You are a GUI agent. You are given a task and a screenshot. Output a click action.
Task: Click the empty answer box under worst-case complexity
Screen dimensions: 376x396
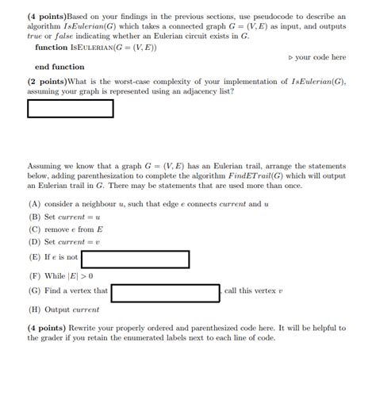click(x=71, y=108)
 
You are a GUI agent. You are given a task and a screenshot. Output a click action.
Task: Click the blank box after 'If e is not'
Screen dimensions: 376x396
click(x=135, y=259)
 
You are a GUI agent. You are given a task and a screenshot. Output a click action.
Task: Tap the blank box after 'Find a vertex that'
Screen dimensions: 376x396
click(x=165, y=293)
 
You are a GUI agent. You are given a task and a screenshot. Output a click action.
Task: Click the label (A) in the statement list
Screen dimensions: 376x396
click(x=34, y=204)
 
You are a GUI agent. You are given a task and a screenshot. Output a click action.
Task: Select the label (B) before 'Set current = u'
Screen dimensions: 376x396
click(x=34, y=217)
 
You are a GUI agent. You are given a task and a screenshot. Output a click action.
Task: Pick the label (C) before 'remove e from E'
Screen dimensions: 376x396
click(x=34, y=229)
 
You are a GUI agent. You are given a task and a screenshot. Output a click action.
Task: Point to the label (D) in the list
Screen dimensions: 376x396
click(x=34, y=242)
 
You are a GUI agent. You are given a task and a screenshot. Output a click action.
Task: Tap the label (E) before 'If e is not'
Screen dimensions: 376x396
click(x=34, y=258)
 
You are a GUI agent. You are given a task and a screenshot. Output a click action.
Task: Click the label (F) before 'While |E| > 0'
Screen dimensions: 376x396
click(x=34, y=276)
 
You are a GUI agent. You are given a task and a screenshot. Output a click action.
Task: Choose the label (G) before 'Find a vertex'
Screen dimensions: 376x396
click(x=34, y=291)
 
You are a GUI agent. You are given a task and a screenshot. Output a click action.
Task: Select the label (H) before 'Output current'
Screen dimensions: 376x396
click(x=34, y=310)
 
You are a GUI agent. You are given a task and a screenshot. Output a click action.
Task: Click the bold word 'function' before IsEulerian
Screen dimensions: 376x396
click(x=52, y=48)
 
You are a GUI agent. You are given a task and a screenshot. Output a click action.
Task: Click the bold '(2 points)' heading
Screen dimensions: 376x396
click(x=47, y=81)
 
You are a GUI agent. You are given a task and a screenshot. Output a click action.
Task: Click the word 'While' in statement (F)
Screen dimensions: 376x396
click(x=56, y=276)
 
